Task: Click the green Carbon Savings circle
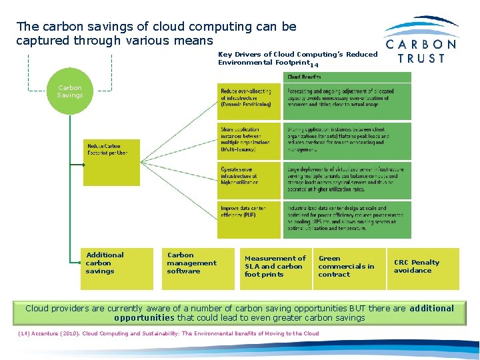point(69,91)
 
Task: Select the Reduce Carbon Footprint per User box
point(111,162)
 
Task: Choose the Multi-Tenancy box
point(249,140)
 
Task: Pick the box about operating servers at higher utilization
point(249,180)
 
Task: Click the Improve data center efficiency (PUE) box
point(249,219)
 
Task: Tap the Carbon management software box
point(197,268)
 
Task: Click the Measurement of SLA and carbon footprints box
point(275,268)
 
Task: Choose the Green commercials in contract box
point(349,268)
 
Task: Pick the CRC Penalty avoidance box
point(423,268)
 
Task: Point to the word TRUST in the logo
point(421,58)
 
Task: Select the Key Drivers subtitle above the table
point(297,59)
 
